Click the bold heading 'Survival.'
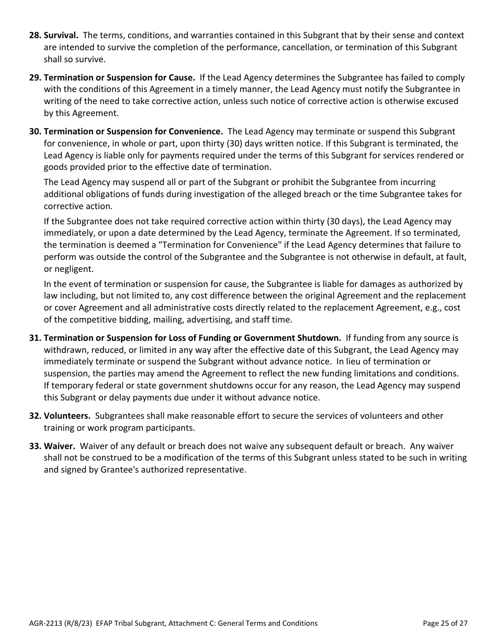point(61,36)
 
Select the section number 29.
point(35,78)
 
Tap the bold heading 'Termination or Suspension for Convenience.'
point(133,131)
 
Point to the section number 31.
point(35,338)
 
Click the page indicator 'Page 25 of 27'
point(445,623)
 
